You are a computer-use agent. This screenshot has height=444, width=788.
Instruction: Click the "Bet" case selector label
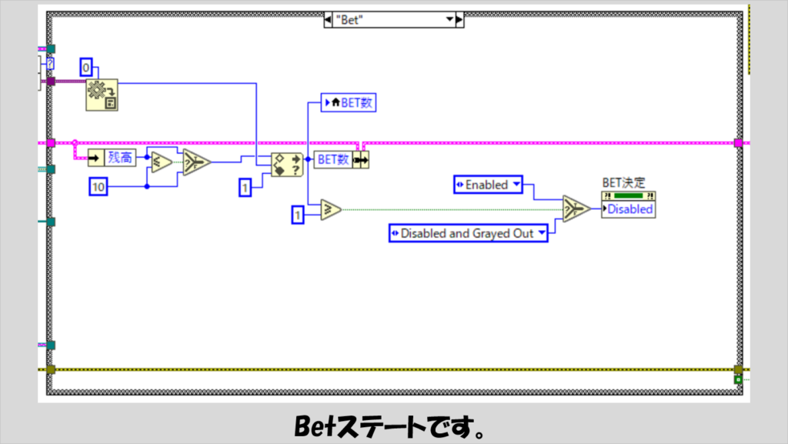click(x=349, y=20)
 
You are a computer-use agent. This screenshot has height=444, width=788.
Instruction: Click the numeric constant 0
click(x=86, y=67)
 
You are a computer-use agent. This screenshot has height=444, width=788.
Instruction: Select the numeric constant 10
click(x=98, y=187)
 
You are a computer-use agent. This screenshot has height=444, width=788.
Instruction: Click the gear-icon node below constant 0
click(x=102, y=95)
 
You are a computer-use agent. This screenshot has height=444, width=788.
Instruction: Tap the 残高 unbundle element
click(x=112, y=158)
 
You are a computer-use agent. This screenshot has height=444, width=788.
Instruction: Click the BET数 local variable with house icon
click(x=349, y=102)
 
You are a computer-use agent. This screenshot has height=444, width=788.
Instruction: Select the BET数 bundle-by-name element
click(x=341, y=160)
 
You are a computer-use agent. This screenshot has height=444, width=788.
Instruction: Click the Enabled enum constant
click(x=488, y=185)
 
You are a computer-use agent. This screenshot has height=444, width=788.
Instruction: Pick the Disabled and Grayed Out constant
click(x=469, y=233)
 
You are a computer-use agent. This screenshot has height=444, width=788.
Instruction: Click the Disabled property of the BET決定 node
click(x=629, y=209)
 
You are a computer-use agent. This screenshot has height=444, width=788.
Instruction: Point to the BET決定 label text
click(x=623, y=183)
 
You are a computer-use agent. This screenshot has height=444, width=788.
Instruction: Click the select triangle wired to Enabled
click(x=576, y=209)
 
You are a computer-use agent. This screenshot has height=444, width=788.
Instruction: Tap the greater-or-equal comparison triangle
click(x=330, y=209)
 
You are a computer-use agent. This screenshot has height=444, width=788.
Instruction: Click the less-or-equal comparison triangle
click(x=162, y=162)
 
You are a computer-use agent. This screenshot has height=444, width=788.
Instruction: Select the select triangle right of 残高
click(x=196, y=162)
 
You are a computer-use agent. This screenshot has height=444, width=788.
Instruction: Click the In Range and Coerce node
click(x=287, y=165)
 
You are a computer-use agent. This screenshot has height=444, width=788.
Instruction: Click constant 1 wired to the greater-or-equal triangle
click(x=298, y=215)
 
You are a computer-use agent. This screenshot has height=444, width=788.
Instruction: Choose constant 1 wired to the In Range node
click(x=245, y=187)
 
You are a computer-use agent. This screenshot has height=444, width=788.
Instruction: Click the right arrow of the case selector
click(x=459, y=20)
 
